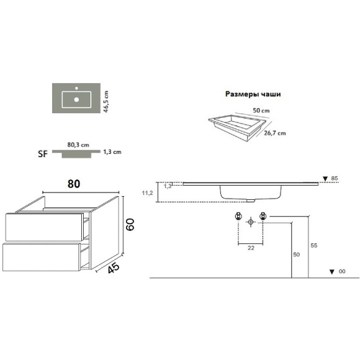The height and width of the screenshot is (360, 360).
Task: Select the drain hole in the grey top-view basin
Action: (77, 98)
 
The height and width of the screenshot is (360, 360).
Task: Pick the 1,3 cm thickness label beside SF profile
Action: (112, 151)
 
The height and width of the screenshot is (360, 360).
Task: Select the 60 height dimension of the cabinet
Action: (130, 223)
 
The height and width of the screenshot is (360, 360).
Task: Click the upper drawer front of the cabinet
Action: (43, 227)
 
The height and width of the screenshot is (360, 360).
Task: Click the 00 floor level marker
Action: (341, 271)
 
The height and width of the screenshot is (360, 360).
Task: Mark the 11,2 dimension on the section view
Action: (147, 193)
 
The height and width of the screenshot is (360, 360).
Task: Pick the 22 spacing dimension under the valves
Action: (251, 248)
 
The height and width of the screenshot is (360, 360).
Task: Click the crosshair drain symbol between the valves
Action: (251, 221)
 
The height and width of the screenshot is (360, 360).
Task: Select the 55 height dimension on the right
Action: (314, 246)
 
